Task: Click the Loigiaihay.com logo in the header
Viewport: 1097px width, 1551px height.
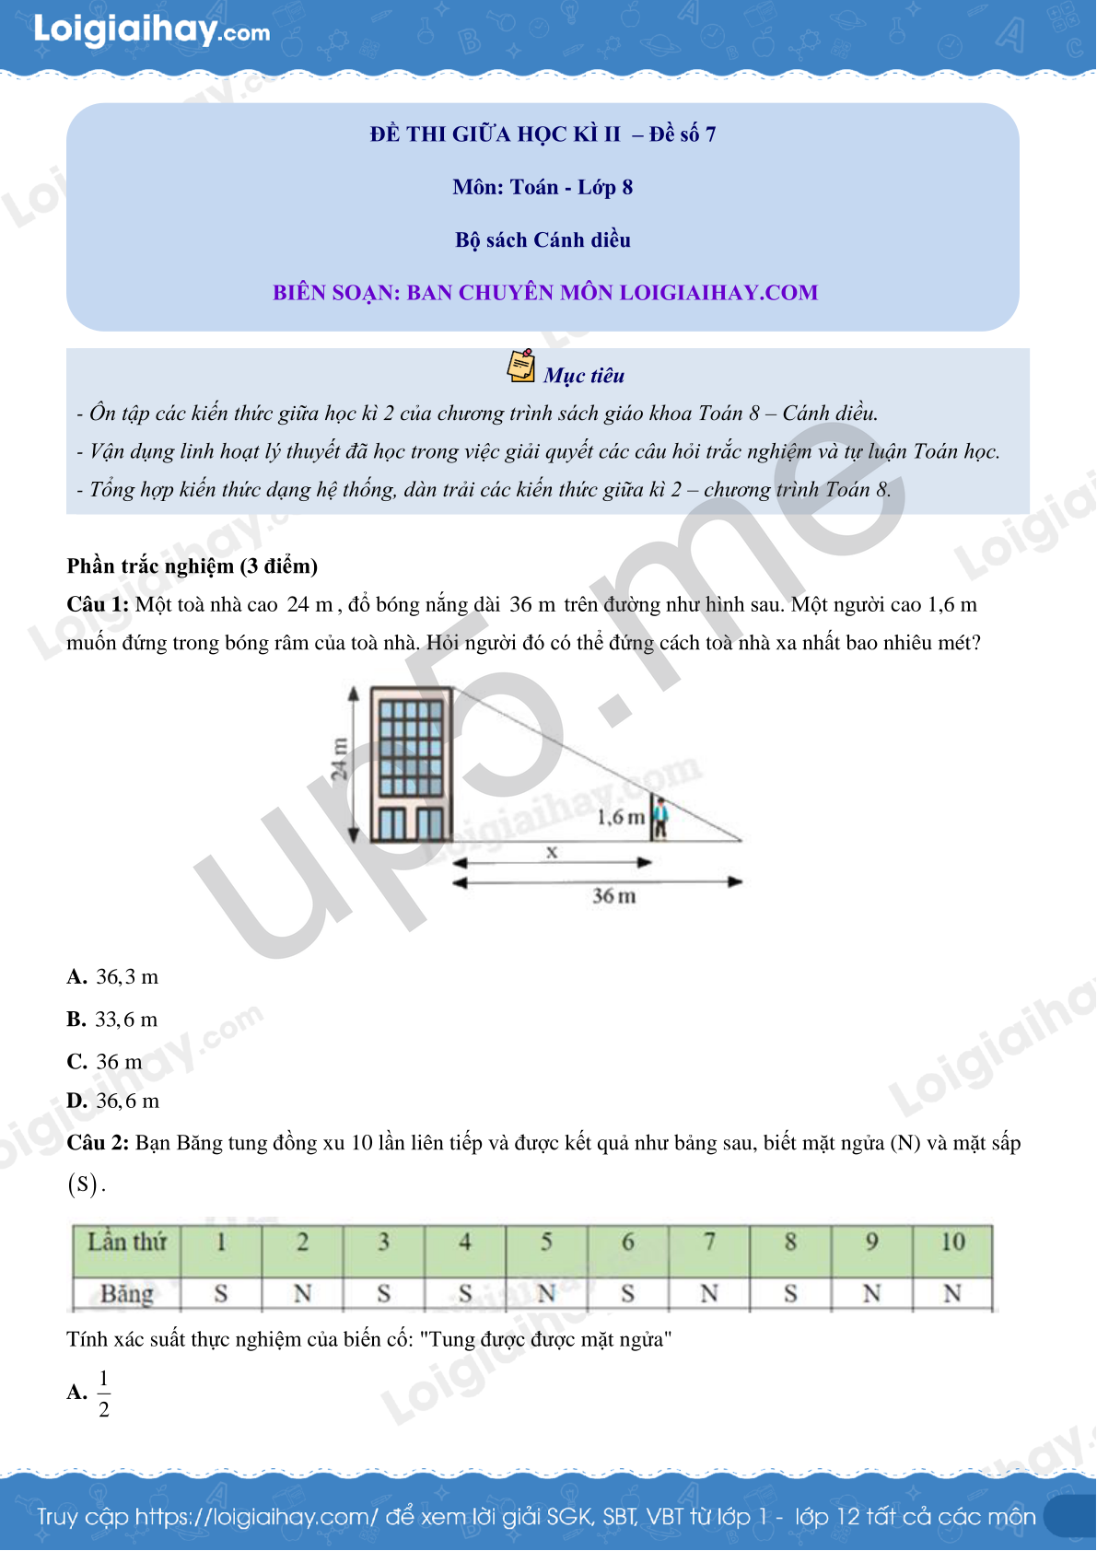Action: [x=152, y=30]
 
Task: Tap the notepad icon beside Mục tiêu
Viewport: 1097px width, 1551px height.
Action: [x=520, y=366]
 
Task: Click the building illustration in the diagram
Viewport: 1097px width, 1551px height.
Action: [x=412, y=764]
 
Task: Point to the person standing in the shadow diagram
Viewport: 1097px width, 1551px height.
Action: [x=660, y=819]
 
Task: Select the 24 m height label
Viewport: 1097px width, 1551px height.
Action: [x=339, y=760]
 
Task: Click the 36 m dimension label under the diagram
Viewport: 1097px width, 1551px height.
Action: [x=613, y=896]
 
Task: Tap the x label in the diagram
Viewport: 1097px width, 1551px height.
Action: [x=552, y=852]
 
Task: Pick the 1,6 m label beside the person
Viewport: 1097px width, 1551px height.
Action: [x=621, y=817]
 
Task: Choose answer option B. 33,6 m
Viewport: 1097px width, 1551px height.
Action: [x=112, y=1020]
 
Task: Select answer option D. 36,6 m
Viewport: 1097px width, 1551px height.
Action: [x=113, y=1101]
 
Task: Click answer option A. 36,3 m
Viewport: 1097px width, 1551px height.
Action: [x=113, y=976]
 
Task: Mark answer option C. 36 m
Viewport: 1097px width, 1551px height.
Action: [x=105, y=1061]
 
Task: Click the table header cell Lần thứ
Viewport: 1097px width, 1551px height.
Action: [x=127, y=1242]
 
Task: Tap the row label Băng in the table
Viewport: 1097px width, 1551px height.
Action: [x=127, y=1293]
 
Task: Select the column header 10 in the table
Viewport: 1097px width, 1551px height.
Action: [x=953, y=1242]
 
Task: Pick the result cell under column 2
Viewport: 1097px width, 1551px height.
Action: [x=303, y=1293]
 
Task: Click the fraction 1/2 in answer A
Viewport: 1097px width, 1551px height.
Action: [x=104, y=1394]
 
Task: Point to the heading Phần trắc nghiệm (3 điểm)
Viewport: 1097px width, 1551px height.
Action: [x=193, y=566]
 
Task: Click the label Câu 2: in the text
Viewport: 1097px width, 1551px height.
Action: [x=98, y=1142]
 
